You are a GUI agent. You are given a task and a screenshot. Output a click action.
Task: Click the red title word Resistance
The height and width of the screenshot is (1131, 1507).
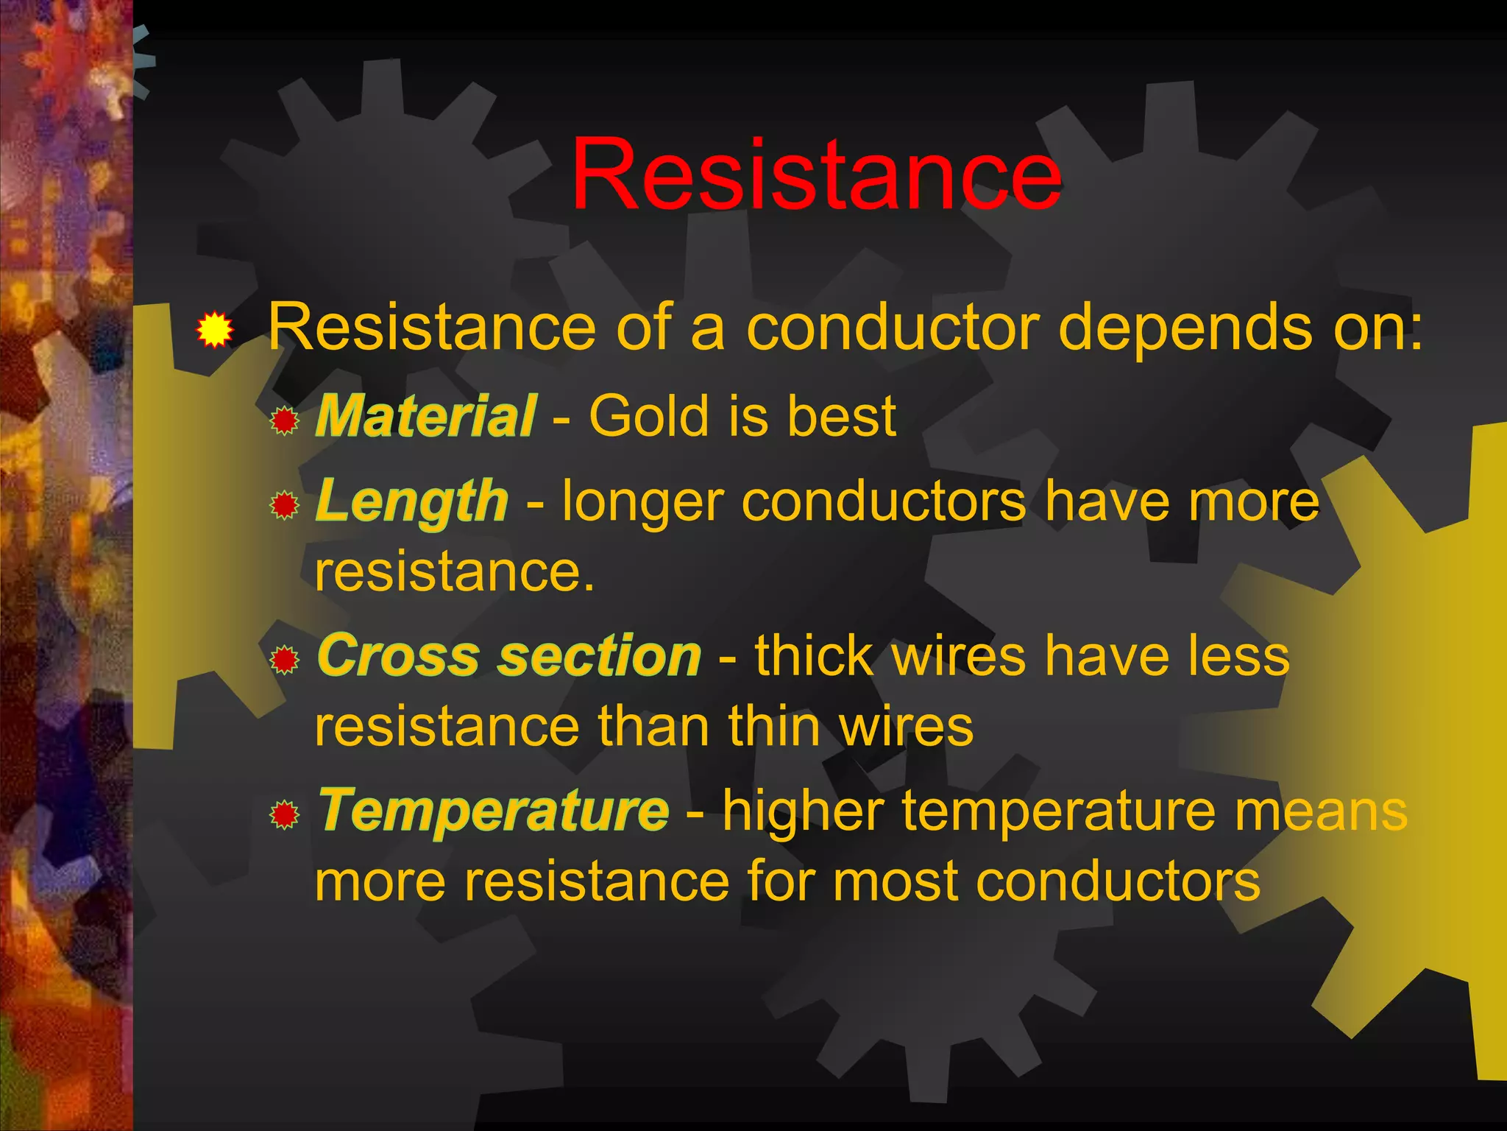815,175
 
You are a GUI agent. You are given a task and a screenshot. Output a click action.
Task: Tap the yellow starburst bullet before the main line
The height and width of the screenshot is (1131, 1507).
214,329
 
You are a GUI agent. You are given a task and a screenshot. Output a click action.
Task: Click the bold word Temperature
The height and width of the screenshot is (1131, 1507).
494,810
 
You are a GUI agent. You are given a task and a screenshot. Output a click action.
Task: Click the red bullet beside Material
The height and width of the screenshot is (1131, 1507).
284,421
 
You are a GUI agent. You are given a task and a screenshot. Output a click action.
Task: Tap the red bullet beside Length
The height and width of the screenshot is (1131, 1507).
284,506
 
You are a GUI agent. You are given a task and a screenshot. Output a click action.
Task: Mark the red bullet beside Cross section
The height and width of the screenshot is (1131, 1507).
284,660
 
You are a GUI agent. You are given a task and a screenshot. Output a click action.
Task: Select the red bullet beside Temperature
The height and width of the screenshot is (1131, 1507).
284,815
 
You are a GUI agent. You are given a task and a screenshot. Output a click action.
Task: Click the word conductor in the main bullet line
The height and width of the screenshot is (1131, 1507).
893,328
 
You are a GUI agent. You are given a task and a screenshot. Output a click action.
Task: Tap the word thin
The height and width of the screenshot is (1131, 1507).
774,727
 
